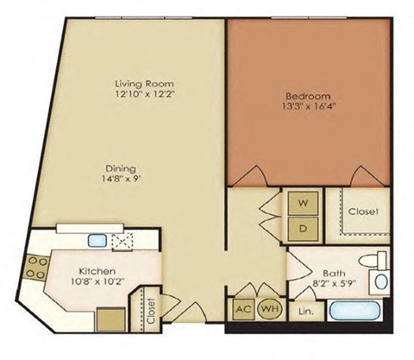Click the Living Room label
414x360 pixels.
pyautogui.click(x=140, y=84)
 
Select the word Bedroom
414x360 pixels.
pyautogui.click(x=304, y=96)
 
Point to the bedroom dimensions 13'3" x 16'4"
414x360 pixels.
pyautogui.click(x=304, y=108)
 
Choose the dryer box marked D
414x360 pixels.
pyautogui.click(x=303, y=229)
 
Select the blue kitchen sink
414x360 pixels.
pyautogui.click(x=97, y=242)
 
